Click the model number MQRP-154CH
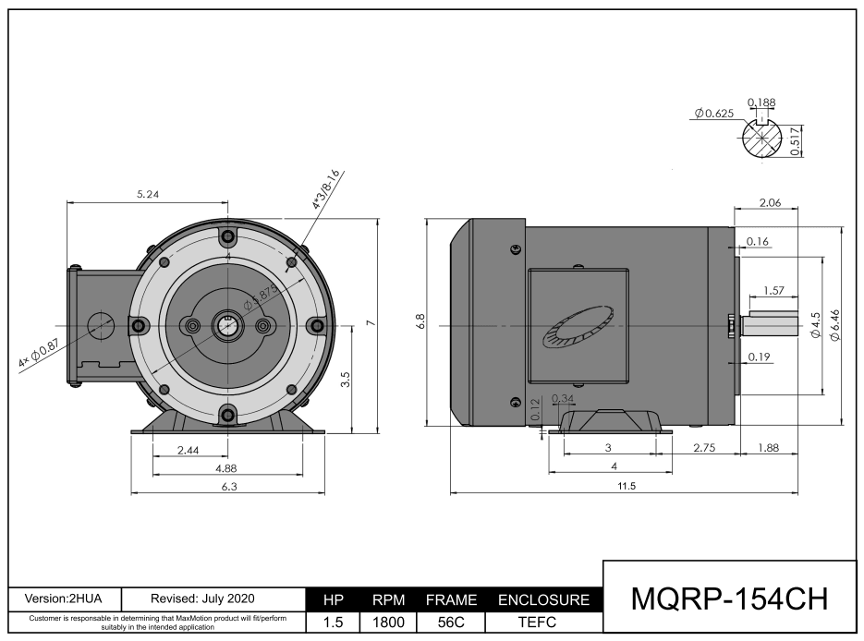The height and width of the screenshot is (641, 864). (x=729, y=599)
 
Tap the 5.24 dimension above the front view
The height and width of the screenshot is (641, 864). (x=148, y=194)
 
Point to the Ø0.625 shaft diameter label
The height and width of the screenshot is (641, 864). (x=713, y=113)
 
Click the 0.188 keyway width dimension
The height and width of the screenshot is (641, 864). (x=761, y=102)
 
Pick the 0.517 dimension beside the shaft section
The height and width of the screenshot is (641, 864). (x=795, y=141)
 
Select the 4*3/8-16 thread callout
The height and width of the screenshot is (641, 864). (x=326, y=189)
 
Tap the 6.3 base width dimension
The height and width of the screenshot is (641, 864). (x=229, y=487)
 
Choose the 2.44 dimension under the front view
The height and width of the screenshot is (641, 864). (x=189, y=450)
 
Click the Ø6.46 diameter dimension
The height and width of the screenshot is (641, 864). (x=835, y=326)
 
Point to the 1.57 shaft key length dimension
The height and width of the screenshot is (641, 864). (x=774, y=291)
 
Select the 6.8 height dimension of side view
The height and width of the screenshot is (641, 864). (x=420, y=322)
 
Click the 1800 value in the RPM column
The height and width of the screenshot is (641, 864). (x=388, y=623)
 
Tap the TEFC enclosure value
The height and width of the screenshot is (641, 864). (x=543, y=623)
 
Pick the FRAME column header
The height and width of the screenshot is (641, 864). (x=450, y=599)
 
